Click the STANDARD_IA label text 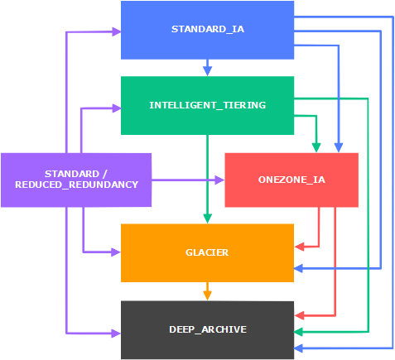point(208,29)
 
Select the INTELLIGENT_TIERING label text point(208,105)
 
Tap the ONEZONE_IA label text point(291,180)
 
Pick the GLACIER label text point(207,252)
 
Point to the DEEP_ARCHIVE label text point(208,329)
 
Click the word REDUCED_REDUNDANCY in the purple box point(76,185)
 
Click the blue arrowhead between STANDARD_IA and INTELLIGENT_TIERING point(208,71)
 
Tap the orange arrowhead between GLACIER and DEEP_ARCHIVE point(207,295)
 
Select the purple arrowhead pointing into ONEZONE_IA point(219,180)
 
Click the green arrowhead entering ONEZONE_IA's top point(316,147)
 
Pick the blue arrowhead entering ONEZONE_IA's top point(339,147)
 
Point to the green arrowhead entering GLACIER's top point(207,218)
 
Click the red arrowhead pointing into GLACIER point(299,247)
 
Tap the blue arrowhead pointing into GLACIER point(299,268)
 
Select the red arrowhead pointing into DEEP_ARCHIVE point(299,315)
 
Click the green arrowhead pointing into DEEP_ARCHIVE point(299,332)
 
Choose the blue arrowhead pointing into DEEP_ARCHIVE point(299,348)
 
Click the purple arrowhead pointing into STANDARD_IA point(116,31)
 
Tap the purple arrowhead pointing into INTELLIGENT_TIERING point(116,108)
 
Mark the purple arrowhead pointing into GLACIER point(116,252)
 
